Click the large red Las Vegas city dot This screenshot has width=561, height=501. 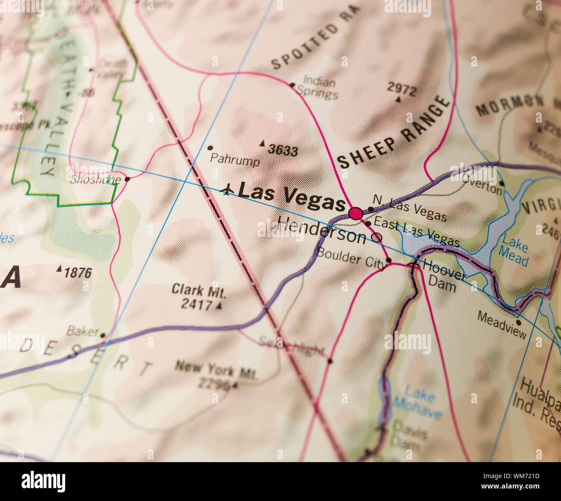[x=356, y=213]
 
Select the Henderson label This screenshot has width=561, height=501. [x=321, y=229]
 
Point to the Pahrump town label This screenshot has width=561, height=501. [x=235, y=160]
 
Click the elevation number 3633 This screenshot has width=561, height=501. [x=283, y=150]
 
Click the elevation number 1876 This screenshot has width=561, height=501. [x=78, y=273]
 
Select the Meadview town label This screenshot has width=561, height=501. [x=501, y=324]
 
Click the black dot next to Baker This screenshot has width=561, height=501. [x=103, y=335]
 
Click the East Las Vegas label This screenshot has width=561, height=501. [x=416, y=231]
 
